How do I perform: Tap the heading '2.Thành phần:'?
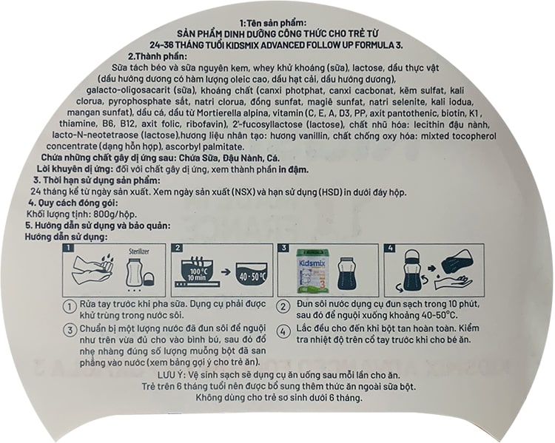point(158,56)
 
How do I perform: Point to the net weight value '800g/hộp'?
point(115,214)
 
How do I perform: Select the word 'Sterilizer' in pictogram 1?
point(139,251)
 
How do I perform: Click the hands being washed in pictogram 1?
point(93,271)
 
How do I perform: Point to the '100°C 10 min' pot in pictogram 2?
point(197,273)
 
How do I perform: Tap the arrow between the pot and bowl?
point(225,272)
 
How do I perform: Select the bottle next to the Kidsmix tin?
point(346,274)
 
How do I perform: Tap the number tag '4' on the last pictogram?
point(390,248)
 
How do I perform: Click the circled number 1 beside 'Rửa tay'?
point(70,306)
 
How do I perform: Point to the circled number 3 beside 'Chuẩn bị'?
point(70,330)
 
